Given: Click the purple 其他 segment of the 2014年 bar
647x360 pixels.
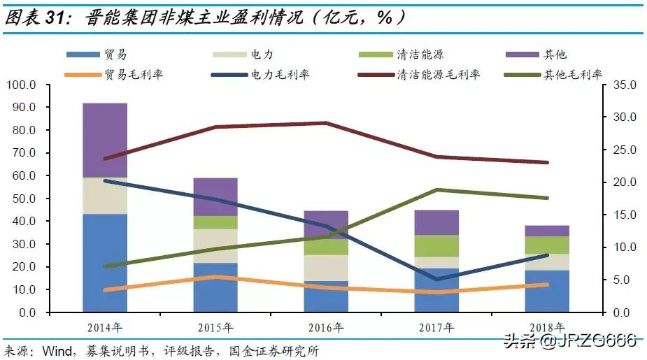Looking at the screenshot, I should coord(105,140).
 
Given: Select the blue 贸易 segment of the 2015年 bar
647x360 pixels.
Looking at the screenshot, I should coord(215,287).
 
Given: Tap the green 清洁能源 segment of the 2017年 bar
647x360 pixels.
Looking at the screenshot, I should coord(436,246).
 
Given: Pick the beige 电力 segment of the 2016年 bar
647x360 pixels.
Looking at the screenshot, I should coord(326,268).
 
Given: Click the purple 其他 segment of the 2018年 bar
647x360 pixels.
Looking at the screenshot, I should coord(547,231).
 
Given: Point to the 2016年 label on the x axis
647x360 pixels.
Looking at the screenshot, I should coord(326,327).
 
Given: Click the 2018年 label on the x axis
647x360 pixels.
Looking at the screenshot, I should coord(547,327).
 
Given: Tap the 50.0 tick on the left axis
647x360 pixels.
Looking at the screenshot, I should coord(24,199).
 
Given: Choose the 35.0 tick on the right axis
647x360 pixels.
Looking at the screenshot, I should coord(621,85).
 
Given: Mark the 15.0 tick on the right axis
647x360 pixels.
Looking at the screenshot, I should coord(621,215).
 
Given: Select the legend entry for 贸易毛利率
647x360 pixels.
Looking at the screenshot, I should coord(119,75).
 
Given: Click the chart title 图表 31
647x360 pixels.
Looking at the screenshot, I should coord(42,17).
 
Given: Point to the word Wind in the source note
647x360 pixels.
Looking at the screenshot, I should coord(57,350).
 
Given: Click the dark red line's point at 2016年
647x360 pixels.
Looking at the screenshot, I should coord(326,123).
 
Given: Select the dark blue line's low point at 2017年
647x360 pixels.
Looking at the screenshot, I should coord(436,280).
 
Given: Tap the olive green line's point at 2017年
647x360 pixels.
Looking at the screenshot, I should coord(436,189).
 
